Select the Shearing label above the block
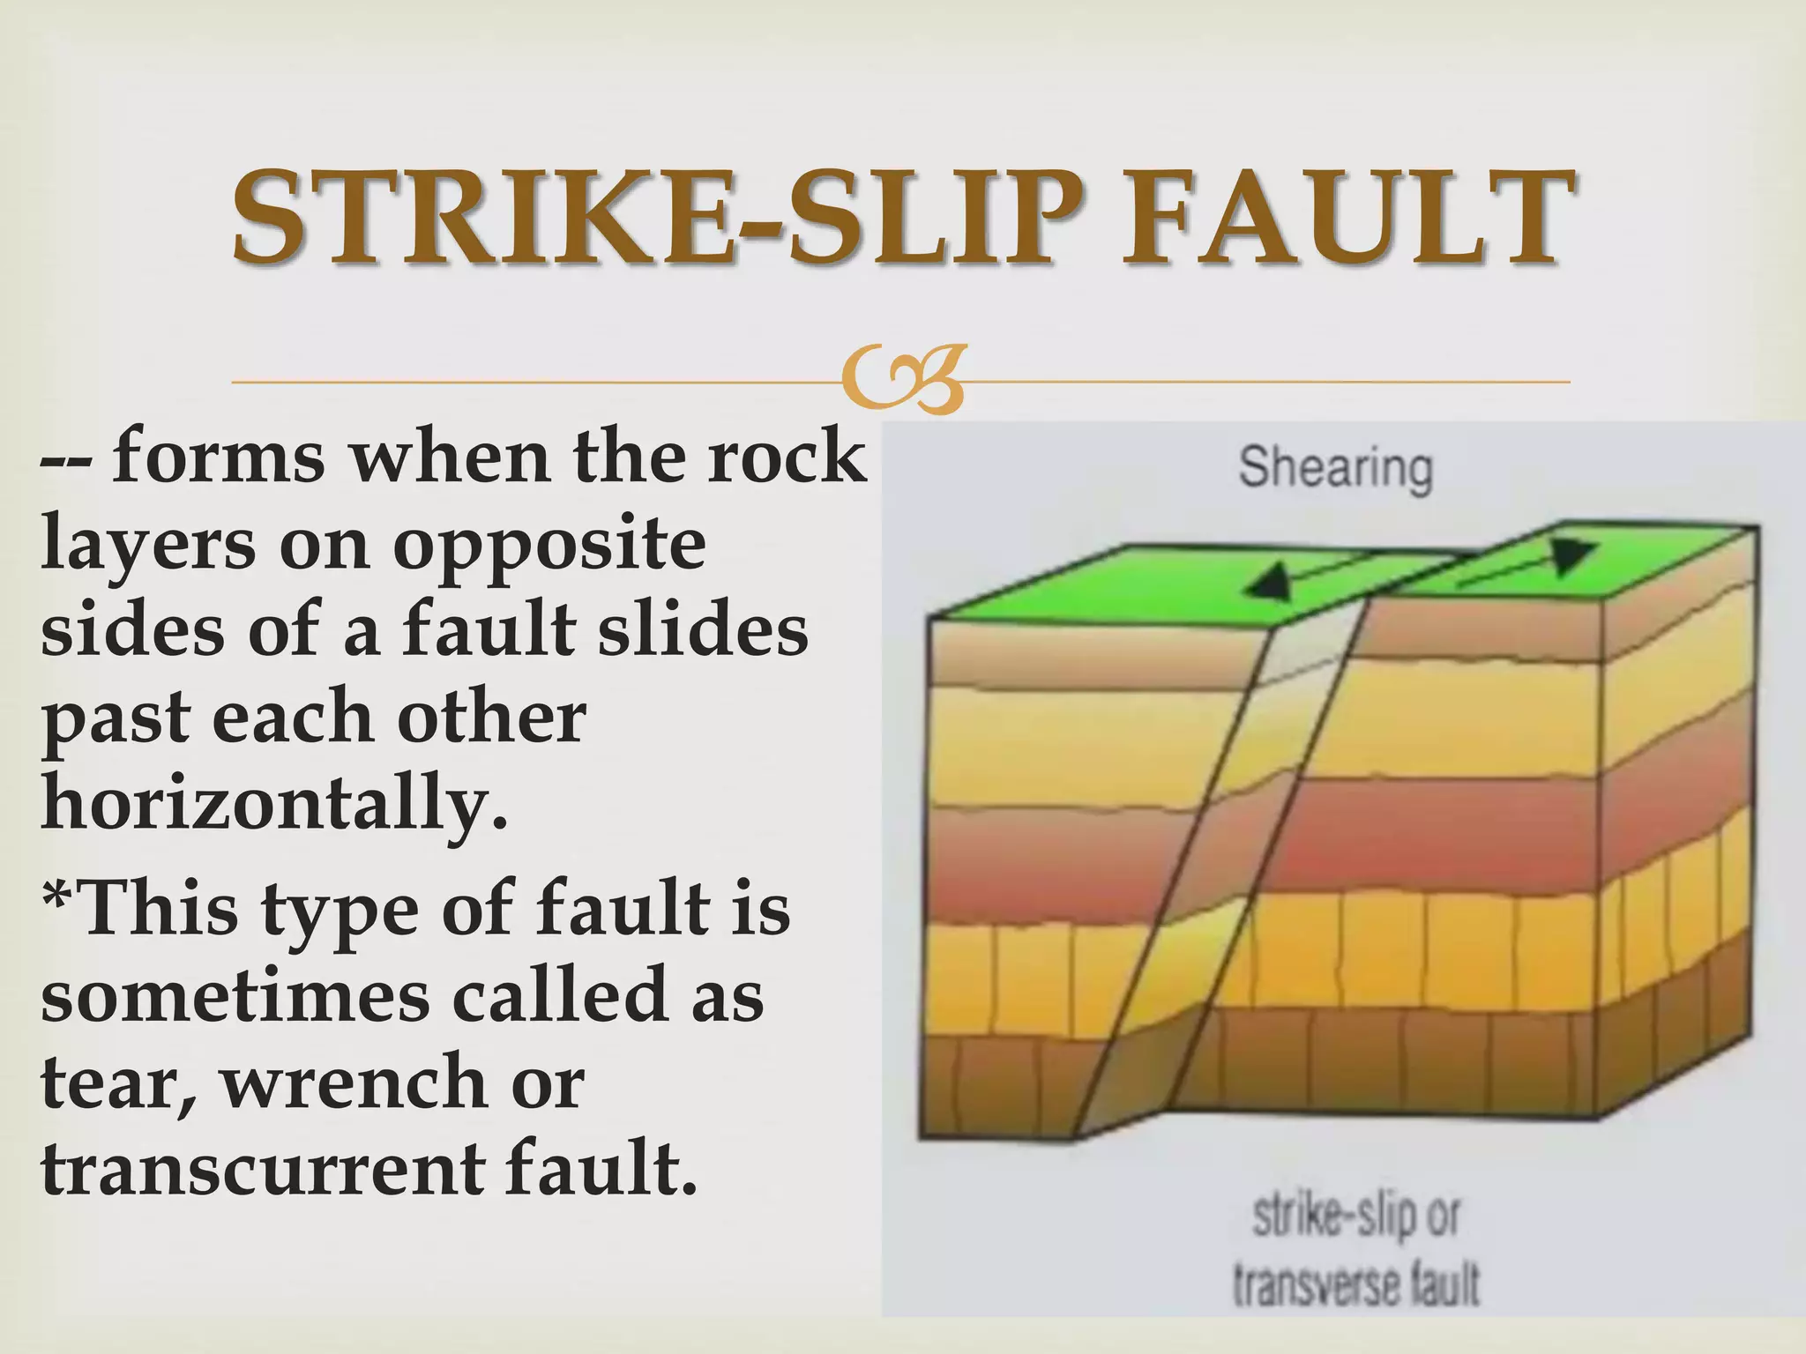click(1334, 468)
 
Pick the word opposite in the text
click(549, 544)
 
